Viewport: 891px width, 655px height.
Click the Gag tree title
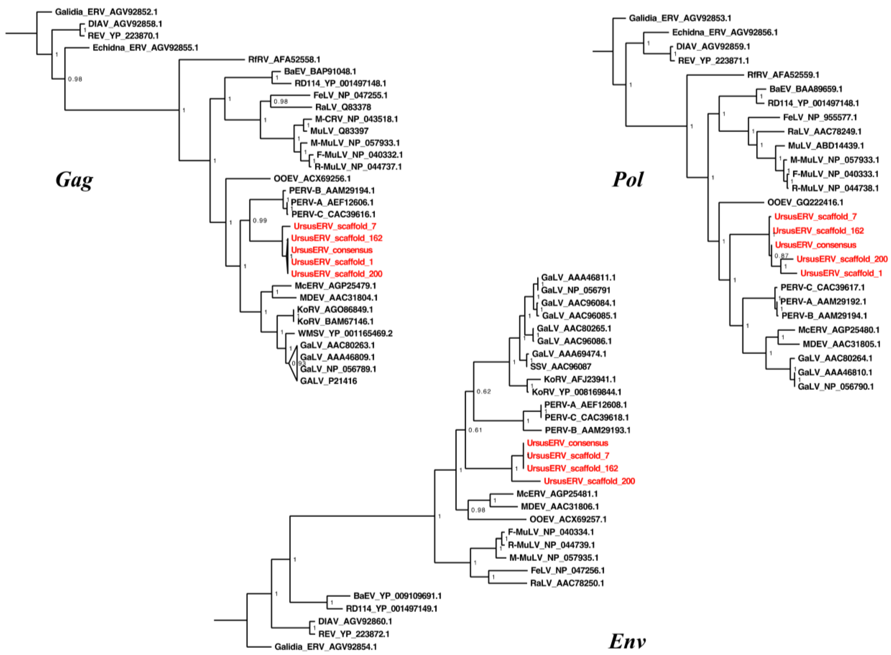coord(74,180)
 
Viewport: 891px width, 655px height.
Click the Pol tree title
coord(628,180)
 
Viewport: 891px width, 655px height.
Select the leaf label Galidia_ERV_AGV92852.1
coord(106,12)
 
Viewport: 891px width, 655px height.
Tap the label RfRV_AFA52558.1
coord(284,60)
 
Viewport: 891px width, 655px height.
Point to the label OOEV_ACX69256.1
coord(312,178)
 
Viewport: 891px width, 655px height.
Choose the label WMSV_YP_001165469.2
coord(345,333)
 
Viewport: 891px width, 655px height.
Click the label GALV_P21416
coord(329,381)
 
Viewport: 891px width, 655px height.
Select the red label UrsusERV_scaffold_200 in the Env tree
coord(589,481)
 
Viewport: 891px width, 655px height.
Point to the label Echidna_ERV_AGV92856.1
coord(725,32)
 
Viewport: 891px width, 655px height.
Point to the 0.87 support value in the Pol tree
coord(781,256)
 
